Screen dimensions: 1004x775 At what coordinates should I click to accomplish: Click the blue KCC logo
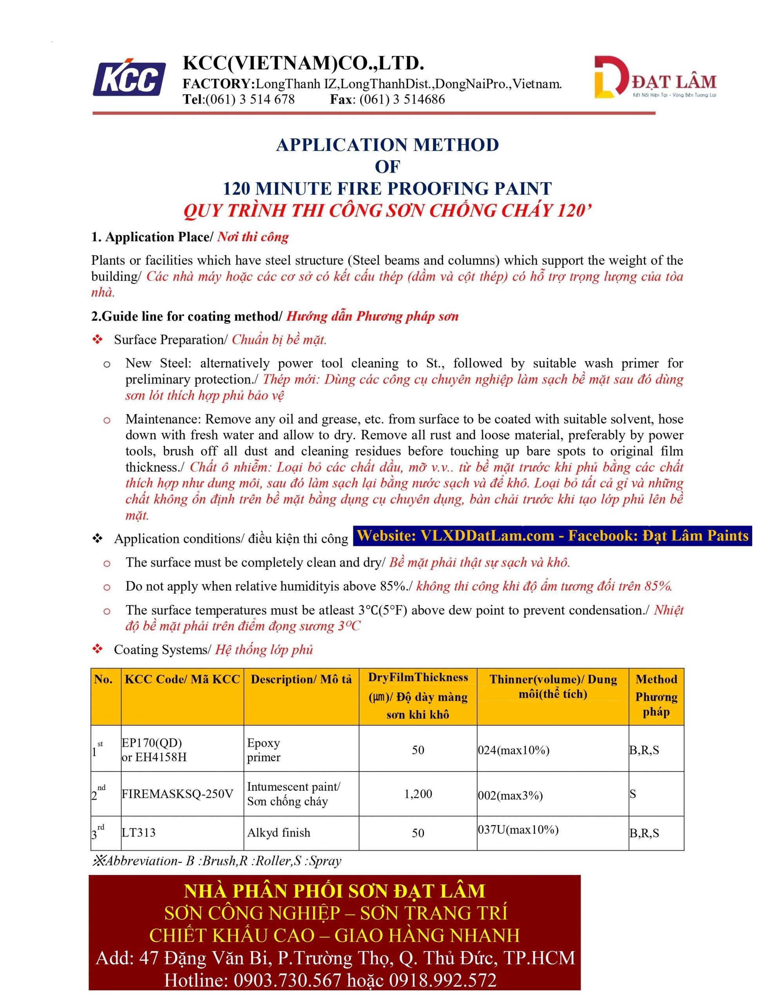click(130, 78)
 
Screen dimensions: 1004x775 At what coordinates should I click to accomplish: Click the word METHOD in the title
click(456, 145)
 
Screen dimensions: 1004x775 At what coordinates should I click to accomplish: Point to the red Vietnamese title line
click(387, 211)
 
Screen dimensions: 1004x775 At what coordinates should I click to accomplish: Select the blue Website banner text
click(552, 536)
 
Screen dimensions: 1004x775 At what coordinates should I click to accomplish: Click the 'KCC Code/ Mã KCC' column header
click(182, 679)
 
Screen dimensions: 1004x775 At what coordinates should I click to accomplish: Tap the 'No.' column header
click(103, 679)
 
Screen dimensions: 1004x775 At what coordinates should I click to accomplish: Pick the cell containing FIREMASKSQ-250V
click(177, 794)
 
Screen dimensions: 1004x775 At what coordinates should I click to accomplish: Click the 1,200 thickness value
click(418, 794)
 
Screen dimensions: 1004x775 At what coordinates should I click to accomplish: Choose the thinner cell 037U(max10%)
click(518, 830)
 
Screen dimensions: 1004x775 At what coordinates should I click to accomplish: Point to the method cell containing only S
click(633, 794)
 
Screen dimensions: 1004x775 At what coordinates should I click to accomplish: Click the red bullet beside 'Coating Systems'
click(98, 649)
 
